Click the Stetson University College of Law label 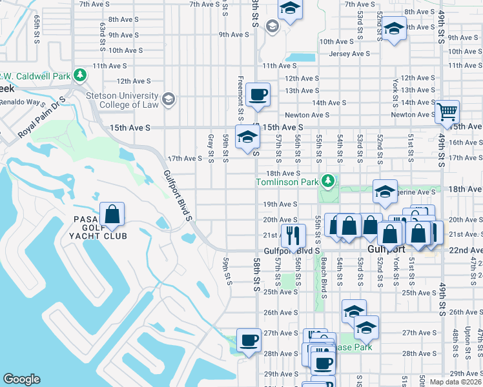click(x=123, y=100)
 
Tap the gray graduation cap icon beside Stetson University click(x=169, y=99)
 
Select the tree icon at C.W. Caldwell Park click(x=80, y=76)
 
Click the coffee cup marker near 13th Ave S click(x=259, y=95)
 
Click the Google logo click(x=21, y=379)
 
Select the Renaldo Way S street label click(x=23, y=103)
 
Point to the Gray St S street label click(x=211, y=148)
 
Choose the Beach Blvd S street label click(x=324, y=275)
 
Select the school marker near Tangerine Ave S click(x=385, y=190)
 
